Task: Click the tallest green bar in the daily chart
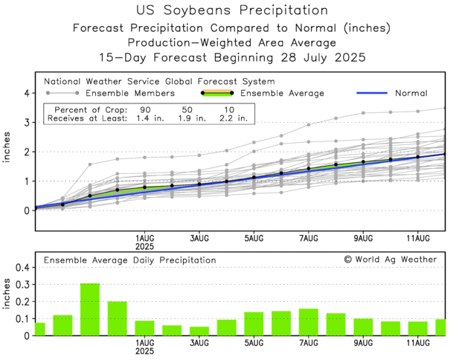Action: pyautogui.click(x=90, y=309)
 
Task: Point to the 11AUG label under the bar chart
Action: pyautogui.click(x=418, y=344)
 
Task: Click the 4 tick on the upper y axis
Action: pyautogui.click(x=26, y=93)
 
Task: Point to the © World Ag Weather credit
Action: pyautogui.click(x=391, y=259)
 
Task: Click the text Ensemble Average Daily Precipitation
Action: pyautogui.click(x=129, y=260)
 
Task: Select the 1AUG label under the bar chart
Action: pyautogui.click(x=145, y=344)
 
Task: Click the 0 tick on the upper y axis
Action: pyautogui.click(x=26, y=210)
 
